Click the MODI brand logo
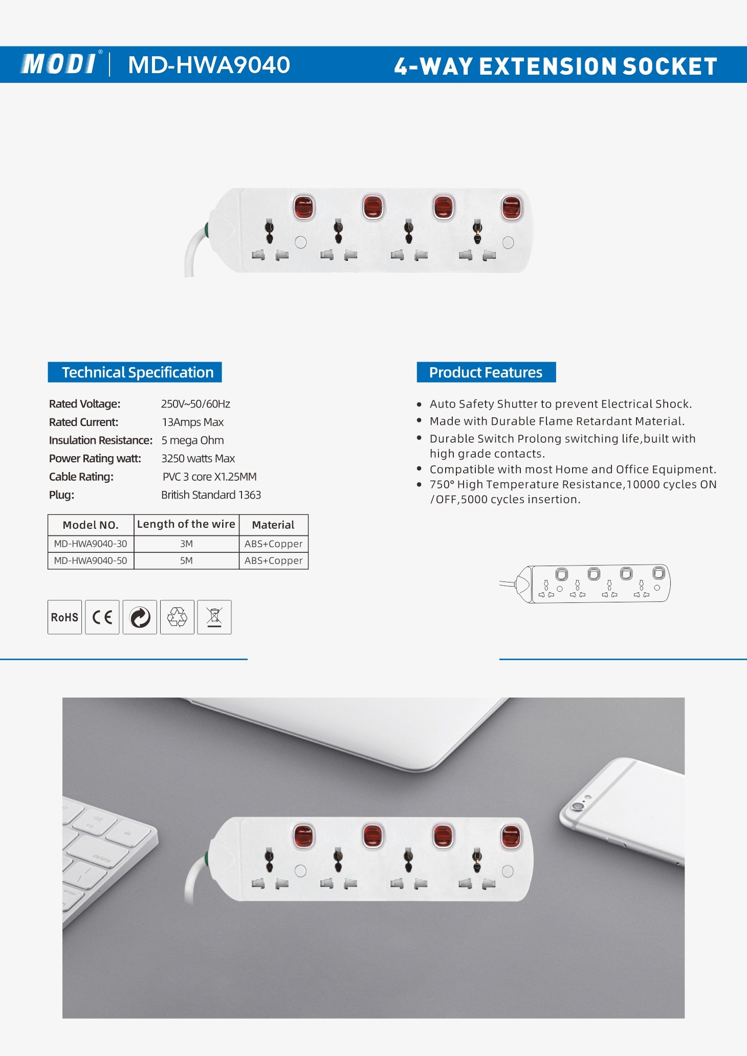tap(59, 64)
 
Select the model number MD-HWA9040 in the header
tap(209, 65)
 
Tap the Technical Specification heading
tap(138, 372)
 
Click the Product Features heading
tap(486, 372)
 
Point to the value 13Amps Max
tap(193, 422)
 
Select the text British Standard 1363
tap(211, 495)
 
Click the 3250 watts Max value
tap(198, 458)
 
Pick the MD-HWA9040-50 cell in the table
tap(91, 560)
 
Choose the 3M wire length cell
tap(186, 544)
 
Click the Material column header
tap(273, 525)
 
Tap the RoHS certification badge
tap(64, 617)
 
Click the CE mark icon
tap(102, 617)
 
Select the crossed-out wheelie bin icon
tap(214, 617)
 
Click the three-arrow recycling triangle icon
tap(177, 617)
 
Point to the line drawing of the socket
tap(585, 583)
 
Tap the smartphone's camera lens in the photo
tap(578, 806)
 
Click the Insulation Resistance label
tap(101, 440)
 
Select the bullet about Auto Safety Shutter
tap(561, 404)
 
